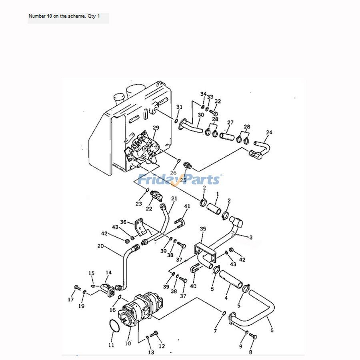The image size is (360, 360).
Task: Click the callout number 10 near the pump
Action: point(128,343)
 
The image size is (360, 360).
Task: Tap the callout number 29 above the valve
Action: point(156,128)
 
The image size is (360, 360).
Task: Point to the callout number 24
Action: point(269,132)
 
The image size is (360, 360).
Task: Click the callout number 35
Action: point(203,229)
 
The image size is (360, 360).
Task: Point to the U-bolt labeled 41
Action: point(181,221)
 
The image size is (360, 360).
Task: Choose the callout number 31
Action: point(179,107)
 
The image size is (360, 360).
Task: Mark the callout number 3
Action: point(251,238)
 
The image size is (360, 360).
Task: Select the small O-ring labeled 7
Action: point(224,313)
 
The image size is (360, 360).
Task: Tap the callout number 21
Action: point(174,198)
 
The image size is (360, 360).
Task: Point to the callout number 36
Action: point(123,222)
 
